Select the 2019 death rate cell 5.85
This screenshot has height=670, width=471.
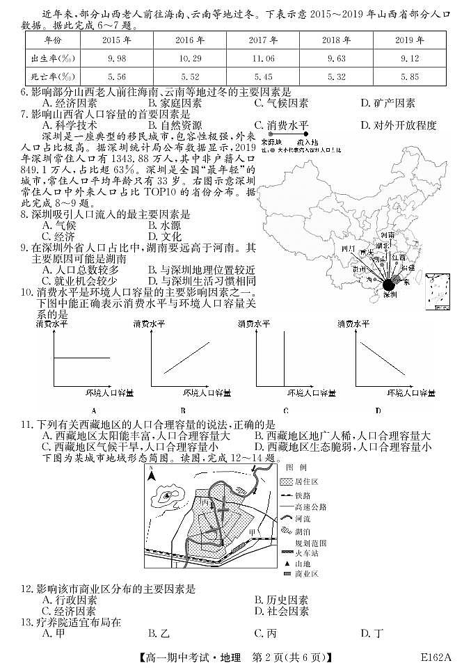[x=410, y=77]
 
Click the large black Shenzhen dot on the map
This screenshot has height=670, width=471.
[x=388, y=284]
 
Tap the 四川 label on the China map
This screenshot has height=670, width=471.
[x=349, y=248]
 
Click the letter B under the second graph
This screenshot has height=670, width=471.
[x=183, y=410]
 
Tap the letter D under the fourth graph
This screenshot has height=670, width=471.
[x=378, y=410]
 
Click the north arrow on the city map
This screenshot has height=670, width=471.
[x=153, y=477]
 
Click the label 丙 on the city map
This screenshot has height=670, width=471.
[x=203, y=501]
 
